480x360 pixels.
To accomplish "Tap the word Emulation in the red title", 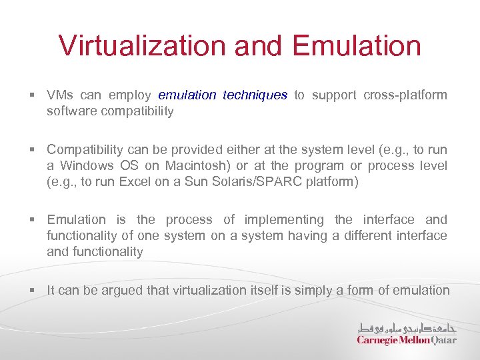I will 357,46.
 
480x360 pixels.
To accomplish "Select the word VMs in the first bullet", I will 60,95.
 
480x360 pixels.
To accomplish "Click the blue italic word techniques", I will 255,95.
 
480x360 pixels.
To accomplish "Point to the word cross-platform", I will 405,95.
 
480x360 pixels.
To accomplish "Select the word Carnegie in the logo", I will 377,340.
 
